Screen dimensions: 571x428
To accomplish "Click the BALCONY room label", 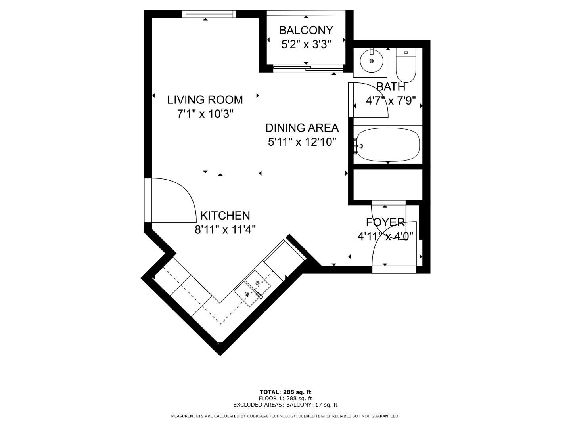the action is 306,31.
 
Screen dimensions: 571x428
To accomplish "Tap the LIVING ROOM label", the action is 205,100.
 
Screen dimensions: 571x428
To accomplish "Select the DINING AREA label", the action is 302,128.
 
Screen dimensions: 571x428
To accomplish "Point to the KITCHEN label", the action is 225,216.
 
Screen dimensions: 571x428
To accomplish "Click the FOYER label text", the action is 385,222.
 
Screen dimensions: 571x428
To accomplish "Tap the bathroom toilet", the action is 406,65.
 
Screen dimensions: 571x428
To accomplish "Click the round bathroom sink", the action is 372,61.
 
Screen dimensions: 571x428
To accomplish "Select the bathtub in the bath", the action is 388,145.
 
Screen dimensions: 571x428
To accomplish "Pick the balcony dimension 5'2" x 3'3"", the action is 306,44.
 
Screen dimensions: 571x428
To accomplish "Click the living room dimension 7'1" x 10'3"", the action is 205,114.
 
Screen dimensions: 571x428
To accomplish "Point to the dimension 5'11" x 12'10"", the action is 302,142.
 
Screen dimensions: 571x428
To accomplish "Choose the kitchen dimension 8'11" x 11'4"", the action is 225,230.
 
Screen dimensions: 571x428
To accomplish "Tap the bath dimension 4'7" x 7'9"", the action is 391,101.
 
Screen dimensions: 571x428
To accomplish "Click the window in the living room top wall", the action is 209,14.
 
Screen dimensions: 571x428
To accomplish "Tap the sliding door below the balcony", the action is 308,68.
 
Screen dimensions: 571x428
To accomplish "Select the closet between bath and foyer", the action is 387,185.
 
